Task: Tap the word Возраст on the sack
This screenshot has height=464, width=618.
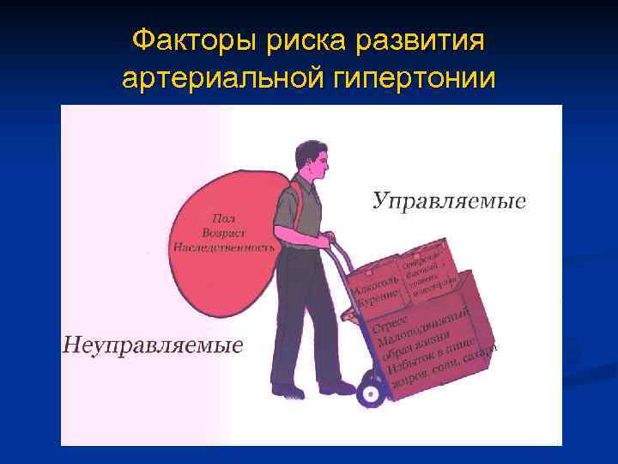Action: tap(224, 232)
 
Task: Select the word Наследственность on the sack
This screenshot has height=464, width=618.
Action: tap(224, 246)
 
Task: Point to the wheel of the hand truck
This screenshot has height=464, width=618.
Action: tap(371, 392)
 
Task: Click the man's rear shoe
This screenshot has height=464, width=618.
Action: tap(288, 391)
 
